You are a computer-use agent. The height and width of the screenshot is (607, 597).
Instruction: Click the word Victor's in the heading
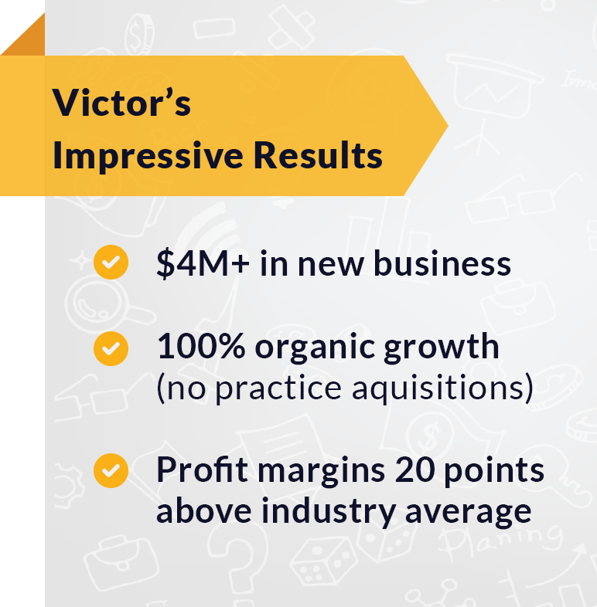121,103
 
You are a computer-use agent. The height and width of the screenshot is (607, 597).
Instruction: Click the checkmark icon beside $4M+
111,263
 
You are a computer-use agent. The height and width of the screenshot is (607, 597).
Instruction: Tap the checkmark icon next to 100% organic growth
111,348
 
